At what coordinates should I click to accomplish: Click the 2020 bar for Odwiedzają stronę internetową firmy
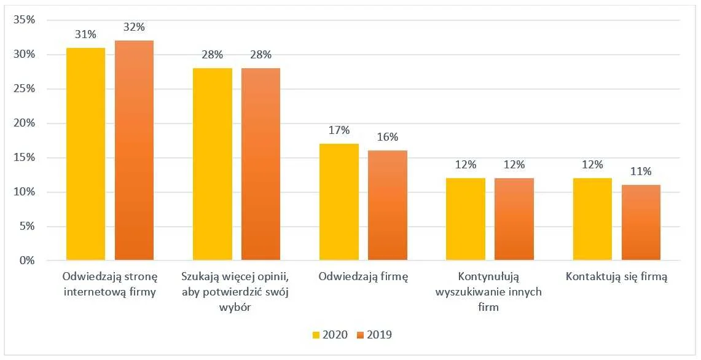(85, 154)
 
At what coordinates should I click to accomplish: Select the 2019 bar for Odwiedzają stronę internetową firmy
(134, 150)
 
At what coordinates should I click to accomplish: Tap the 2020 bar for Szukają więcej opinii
(212, 164)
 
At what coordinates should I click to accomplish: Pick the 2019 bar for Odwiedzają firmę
(387, 205)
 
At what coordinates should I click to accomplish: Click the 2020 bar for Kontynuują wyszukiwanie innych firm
(466, 219)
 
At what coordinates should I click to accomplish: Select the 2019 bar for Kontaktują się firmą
(641, 222)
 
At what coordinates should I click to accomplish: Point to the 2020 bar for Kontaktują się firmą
(592, 219)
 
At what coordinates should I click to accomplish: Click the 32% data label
(134, 27)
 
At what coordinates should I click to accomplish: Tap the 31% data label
(85, 34)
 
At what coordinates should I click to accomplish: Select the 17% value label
(339, 130)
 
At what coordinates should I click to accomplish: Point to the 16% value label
(387, 137)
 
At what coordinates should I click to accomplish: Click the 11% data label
(641, 171)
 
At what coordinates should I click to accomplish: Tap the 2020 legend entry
(331, 335)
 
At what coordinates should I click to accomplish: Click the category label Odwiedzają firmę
(363, 276)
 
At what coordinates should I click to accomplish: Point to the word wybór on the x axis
(236, 307)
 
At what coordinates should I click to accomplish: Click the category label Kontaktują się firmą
(616, 276)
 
